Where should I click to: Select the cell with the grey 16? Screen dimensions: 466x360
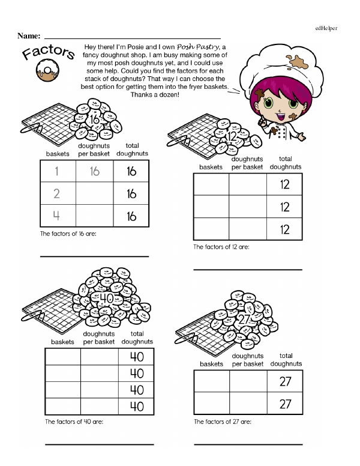point(94,172)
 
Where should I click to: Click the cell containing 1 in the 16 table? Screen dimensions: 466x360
point(58,172)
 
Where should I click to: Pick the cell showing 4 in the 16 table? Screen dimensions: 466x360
point(58,216)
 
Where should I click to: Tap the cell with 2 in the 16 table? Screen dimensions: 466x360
point(58,194)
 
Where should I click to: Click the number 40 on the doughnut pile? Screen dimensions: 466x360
point(106,298)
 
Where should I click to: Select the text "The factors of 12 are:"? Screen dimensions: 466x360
point(221,247)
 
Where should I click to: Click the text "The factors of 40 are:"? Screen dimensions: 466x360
point(74,422)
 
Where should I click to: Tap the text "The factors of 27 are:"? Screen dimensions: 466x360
point(222,422)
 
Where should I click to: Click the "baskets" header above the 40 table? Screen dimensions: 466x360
point(62,342)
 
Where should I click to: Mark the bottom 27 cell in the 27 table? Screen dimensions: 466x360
point(285,404)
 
